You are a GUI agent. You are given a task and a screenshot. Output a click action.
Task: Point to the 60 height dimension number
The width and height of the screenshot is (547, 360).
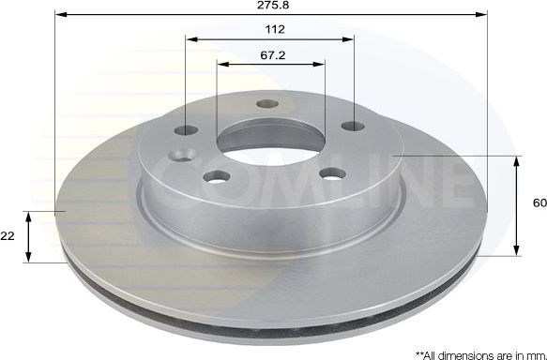pyautogui.click(x=539, y=202)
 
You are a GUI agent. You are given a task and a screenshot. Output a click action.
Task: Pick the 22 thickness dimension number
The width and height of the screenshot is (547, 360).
pyautogui.click(x=8, y=236)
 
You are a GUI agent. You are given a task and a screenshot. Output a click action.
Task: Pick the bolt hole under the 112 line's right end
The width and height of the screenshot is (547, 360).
pyautogui.click(x=354, y=126)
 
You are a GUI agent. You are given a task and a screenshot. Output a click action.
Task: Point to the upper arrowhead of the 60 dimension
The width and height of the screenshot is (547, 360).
pyautogui.click(x=517, y=161)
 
